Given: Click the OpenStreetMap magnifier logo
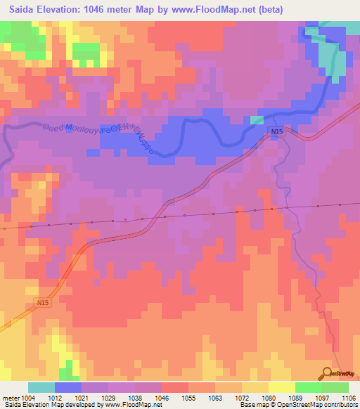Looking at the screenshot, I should pos(328,373).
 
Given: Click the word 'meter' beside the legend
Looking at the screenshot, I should pos(11,398).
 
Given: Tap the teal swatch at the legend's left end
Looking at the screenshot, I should pos(41,387).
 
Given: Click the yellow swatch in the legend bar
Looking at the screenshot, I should pos(281,387).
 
